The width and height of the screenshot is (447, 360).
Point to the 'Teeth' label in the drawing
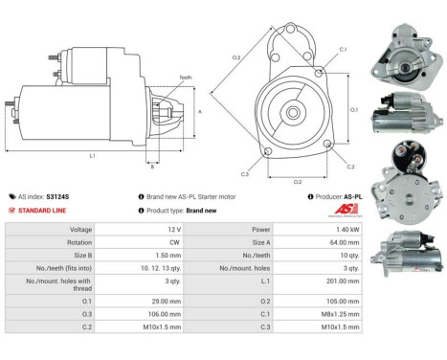pos(185,77)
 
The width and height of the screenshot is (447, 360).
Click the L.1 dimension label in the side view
pos(93,155)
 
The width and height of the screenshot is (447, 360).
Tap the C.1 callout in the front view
pos(343,49)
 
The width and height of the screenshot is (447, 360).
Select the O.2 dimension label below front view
pos(297,181)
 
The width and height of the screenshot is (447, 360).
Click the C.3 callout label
pos(245,174)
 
